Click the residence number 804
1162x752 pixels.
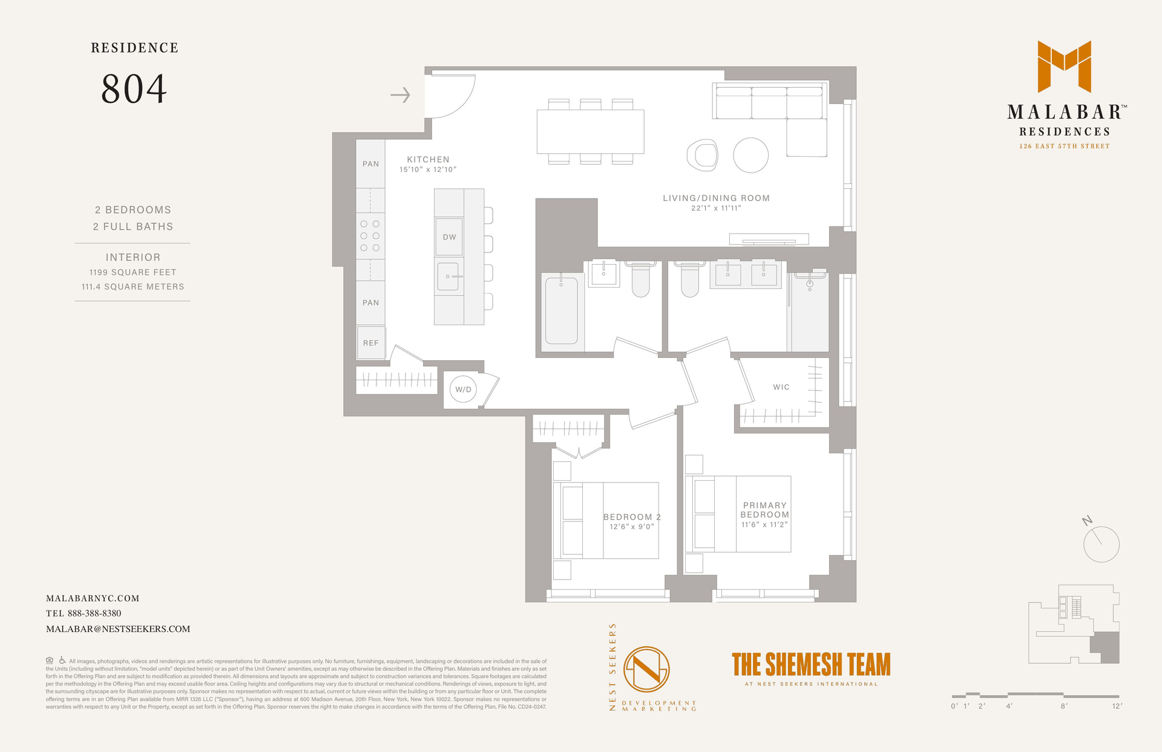pos(134,89)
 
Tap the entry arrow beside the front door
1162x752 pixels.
pos(400,95)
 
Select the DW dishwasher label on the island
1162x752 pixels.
pos(449,237)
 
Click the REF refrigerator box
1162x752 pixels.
pos(370,343)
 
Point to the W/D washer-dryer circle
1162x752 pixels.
pos(464,389)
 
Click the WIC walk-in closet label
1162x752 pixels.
pos(781,387)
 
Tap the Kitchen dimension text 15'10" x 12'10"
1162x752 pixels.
pos(428,170)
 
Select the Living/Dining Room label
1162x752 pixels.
pos(716,198)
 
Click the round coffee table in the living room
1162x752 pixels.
pos(751,155)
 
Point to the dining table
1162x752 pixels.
pos(591,131)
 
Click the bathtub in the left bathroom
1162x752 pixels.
pos(562,311)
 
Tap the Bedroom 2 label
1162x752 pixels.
pos(632,517)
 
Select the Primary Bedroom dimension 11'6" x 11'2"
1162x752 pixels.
pos(765,524)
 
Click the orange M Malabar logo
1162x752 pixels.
pos(1065,66)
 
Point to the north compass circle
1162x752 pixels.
pos(1101,544)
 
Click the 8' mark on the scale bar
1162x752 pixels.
pos(1064,706)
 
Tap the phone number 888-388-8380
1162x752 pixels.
pos(94,613)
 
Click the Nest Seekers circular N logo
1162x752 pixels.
pos(646,669)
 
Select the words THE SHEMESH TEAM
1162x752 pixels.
pos(811,664)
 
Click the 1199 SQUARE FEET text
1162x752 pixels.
pos(133,272)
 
